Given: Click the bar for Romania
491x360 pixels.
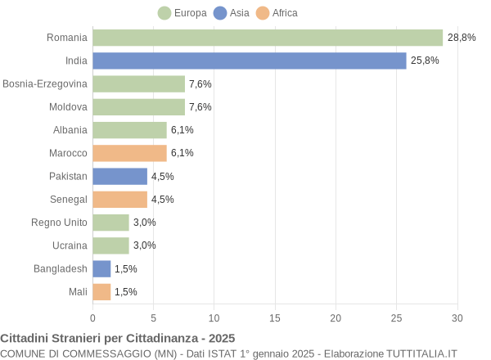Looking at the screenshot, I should pyautogui.click(x=268, y=38).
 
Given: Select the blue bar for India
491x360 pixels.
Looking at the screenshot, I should pyautogui.click(x=250, y=61).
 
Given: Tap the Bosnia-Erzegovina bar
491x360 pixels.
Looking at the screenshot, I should pyautogui.click(x=139, y=83).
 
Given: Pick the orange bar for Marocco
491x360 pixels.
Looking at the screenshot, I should pyautogui.click(x=129, y=153).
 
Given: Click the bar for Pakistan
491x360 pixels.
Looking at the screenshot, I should pyautogui.click(x=119, y=176).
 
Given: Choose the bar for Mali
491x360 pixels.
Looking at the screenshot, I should pyautogui.click(x=101, y=291).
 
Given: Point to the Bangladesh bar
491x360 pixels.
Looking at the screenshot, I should pyautogui.click(x=101, y=268).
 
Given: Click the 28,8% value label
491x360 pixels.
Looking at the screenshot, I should pyautogui.click(x=462, y=38).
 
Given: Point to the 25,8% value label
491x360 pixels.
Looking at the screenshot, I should pyautogui.click(x=425, y=61).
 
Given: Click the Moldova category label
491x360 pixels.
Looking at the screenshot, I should pyautogui.click(x=68, y=107).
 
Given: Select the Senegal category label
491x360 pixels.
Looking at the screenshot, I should pyautogui.click(x=69, y=199).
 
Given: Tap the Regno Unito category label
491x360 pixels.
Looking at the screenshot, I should pyautogui.click(x=59, y=222).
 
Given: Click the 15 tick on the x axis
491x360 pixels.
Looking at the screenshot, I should pyautogui.click(x=275, y=318).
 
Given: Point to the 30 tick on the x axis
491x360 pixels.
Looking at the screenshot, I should pyautogui.click(x=457, y=318).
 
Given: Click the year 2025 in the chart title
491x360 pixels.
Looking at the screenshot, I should pyautogui.click(x=221, y=338).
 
